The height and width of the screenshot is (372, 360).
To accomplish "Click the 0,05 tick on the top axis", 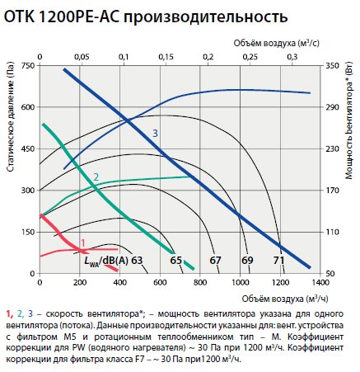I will (82, 56).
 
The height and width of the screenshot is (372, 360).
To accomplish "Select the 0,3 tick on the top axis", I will (292, 56).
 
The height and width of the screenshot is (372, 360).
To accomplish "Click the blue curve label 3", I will (154, 133).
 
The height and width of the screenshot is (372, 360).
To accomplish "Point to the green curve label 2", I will (96, 177).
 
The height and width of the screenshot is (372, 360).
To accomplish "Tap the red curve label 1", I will (82, 242).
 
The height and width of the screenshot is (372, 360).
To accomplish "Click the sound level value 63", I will (137, 261).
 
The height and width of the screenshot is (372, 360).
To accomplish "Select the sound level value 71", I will (279, 261).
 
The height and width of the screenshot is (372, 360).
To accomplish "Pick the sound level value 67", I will (215, 261).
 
